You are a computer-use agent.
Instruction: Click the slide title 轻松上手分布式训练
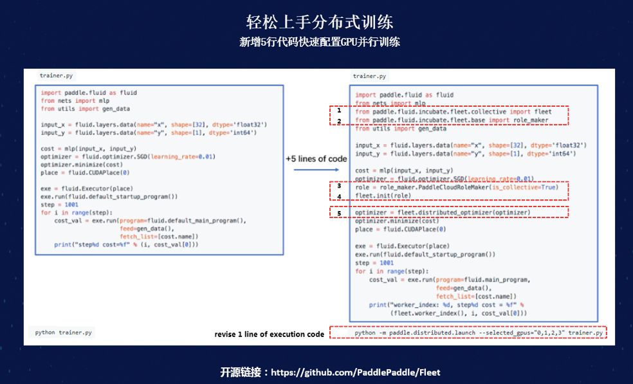coord(320,21)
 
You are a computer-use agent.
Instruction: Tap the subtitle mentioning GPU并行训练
coord(320,42)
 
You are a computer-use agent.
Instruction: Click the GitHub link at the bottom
coord(355,372)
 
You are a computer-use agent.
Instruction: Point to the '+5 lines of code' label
coord(316,158)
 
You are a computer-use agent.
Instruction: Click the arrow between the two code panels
coord(316,170)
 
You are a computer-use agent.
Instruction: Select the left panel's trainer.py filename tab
coord(56,75)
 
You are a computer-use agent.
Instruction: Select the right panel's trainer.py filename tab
coord(370,76)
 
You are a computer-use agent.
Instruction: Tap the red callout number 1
coord(338,111)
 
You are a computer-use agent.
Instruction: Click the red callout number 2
coord(338,120)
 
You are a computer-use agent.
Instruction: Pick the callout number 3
coord(339,186)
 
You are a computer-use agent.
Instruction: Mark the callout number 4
coord(339,196)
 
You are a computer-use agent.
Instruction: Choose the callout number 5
coord(339,212)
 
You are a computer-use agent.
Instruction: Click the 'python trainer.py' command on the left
coord(64,333)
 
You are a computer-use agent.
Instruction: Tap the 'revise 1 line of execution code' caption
coord(269,334)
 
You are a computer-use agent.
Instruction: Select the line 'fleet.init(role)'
coord(383,196)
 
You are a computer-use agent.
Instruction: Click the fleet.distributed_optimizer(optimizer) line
coord(442,212)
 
